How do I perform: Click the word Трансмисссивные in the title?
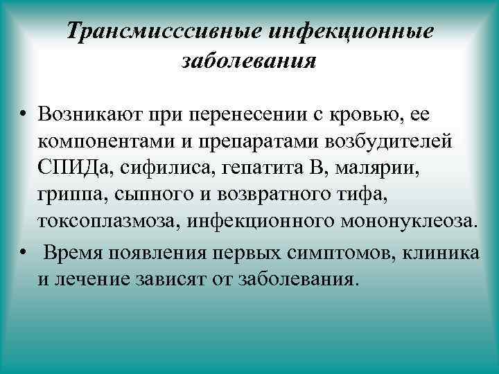pos(163,31)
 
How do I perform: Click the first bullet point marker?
pos(24,114)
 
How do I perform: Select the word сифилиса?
pos(157,169)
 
